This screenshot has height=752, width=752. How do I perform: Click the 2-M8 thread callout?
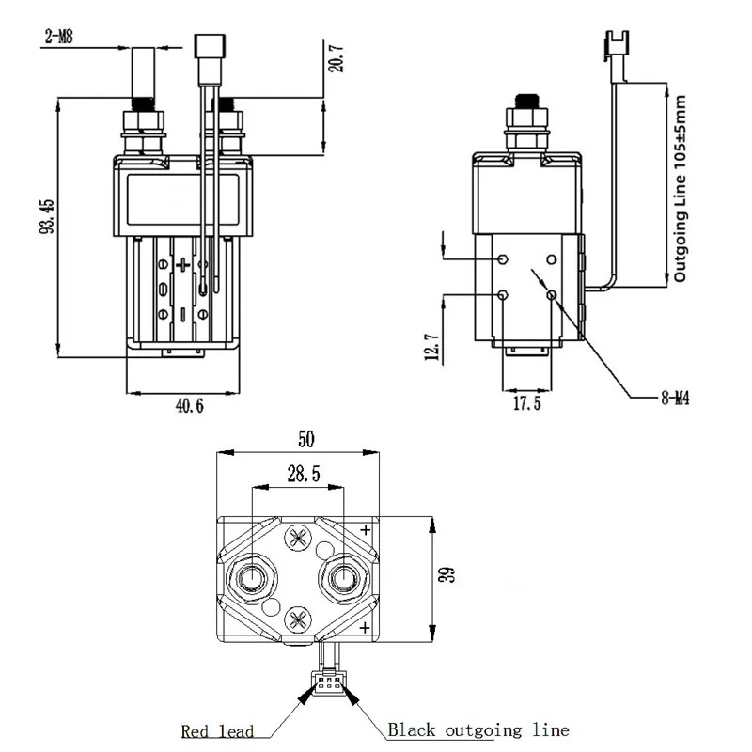(x=59, y=37)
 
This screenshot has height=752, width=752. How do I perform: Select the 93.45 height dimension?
(x=47, y=216)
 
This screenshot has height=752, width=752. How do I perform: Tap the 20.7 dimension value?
(x=337, y=58)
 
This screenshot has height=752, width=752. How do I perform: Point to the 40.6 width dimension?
(x=190, y=406)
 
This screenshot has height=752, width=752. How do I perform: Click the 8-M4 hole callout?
(x=675, y=398)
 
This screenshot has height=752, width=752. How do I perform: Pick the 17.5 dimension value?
(x=527, y=403)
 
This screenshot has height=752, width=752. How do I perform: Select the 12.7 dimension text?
(x=431, y=346)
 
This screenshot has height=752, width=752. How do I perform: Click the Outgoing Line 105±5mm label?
(x=681, y=188)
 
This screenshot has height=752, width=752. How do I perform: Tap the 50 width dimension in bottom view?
(x=306, y=439)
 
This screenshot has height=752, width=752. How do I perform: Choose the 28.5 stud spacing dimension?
(x=304, y=474)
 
